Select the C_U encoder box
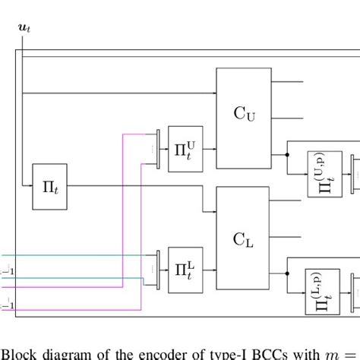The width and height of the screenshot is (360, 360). tap(244, 114)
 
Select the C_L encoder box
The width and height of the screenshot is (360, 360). tap(244, 238)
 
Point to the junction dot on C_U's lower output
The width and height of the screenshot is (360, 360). tap(287, 154)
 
